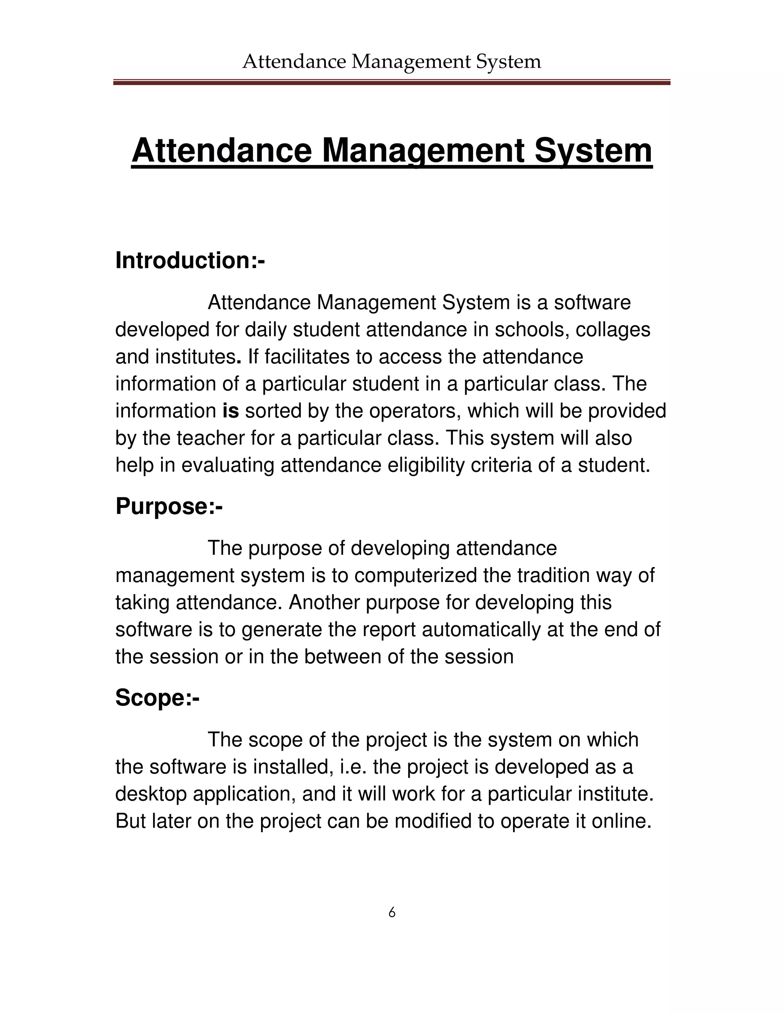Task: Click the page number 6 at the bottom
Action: click(392, 912)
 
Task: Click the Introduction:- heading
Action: click(190, 261)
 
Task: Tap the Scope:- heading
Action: click(157, 698)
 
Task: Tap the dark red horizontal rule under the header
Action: click(392, 83)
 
